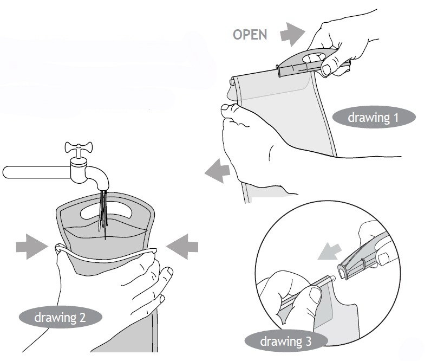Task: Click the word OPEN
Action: click(x=250, y=35)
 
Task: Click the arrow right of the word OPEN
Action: click(x=292, y=34)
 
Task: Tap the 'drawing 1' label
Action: click(x=374, y=117)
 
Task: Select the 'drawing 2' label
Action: click(x=61, y=317)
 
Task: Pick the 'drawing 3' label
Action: click(x=286, y=341)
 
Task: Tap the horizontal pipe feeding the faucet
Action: click(x=37, y=172)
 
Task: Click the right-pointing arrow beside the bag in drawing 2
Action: click(x=31, y=247)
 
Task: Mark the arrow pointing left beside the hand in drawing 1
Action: click(x=218, y=171)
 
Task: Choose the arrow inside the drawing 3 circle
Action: click(x=329, y=251)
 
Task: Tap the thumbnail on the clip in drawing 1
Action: click(x=327, y=69)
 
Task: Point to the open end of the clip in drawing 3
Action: click(x=343, y=272)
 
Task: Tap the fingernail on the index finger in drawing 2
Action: click(x=169, y=272)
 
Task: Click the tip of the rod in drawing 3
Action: click(x=333, y=279)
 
